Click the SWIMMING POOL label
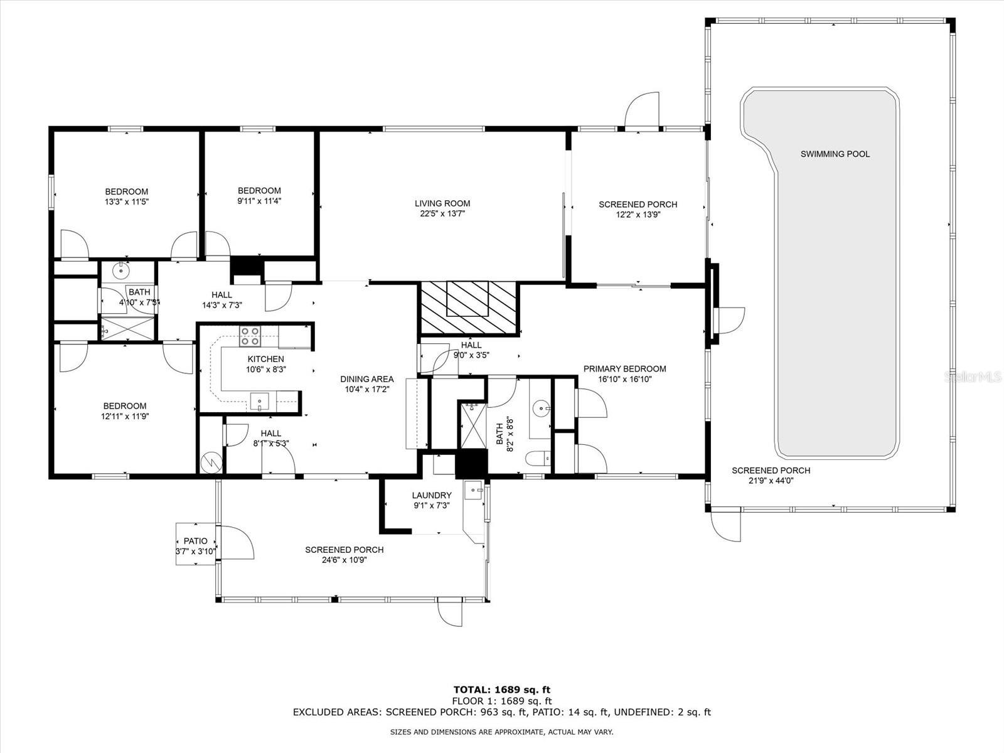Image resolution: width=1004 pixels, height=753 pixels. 835,154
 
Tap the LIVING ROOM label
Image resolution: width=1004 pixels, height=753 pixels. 442,203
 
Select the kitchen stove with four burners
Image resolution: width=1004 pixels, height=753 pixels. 250,336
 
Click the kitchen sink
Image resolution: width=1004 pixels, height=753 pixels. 260,402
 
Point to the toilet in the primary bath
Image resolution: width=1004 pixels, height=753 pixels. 538,458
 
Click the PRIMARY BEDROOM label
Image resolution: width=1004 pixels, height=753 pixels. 624,368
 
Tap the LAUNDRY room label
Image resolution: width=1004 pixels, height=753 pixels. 431,495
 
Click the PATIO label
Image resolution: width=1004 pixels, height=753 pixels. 195,541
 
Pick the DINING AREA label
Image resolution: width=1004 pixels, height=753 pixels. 367,379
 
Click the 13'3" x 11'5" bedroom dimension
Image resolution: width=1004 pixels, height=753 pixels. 127,201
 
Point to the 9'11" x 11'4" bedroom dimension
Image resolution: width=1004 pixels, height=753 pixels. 259,201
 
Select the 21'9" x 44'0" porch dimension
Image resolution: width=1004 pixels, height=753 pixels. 771,481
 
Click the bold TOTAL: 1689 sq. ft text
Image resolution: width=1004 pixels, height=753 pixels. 502,690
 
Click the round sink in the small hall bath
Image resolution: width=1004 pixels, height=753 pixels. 122,270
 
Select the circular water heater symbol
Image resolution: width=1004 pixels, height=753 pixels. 211,463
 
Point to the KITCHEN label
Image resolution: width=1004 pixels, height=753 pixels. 266,359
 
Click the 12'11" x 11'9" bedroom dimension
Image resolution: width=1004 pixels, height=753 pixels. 125,417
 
